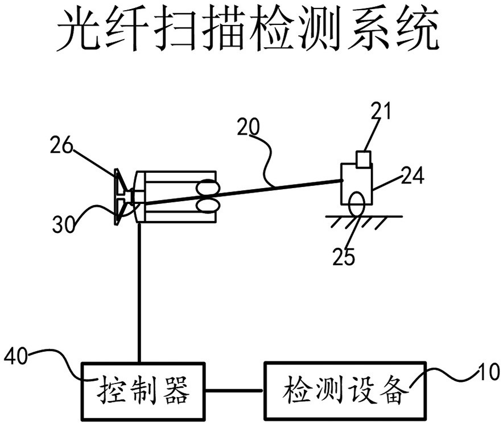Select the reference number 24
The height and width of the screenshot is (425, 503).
click(x=413, y=177)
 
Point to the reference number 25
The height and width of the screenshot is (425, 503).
click(x=344, y=257)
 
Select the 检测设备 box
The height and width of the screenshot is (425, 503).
click(x=345, y=390)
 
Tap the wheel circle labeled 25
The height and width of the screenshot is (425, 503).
click(x=357, y=204)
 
